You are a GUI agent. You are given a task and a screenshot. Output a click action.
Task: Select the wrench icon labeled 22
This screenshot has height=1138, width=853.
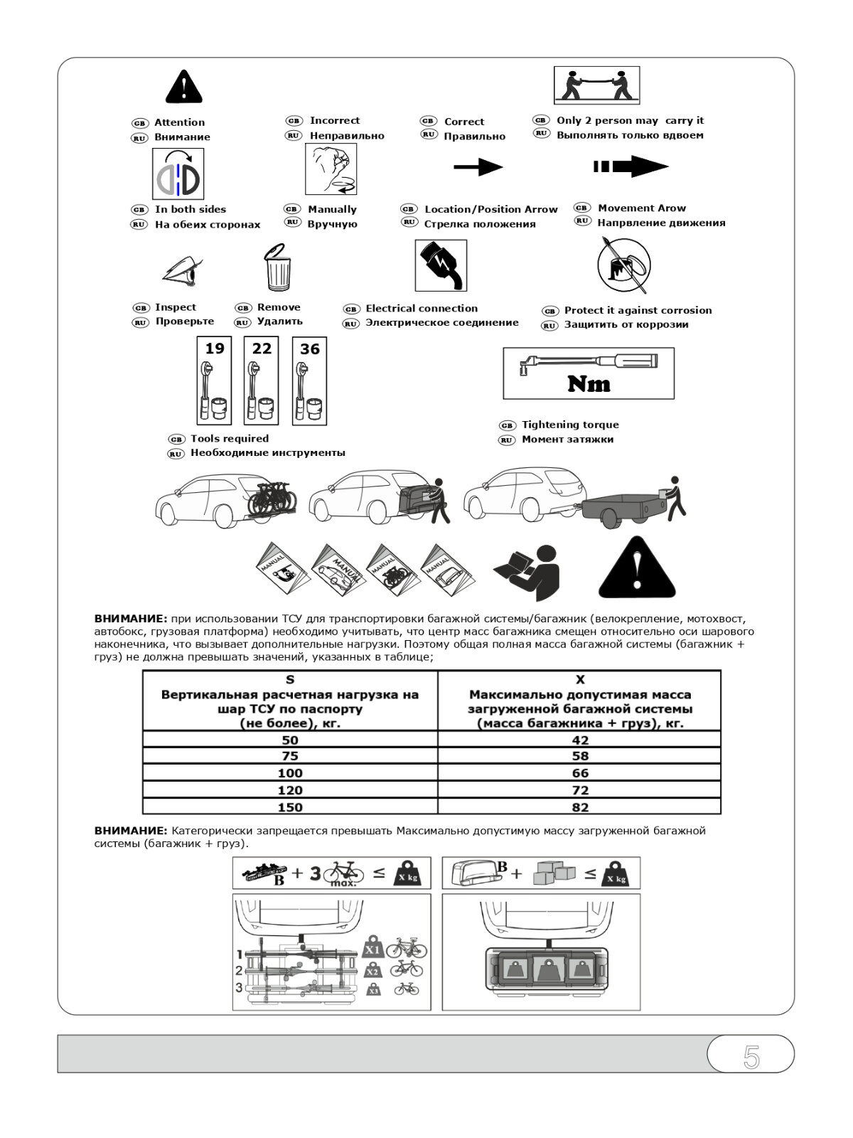(262, 381)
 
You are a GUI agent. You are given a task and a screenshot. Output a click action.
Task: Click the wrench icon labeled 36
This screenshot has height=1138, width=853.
(310, 381)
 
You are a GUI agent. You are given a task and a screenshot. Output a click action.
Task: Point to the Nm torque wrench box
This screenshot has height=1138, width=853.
(588, 373)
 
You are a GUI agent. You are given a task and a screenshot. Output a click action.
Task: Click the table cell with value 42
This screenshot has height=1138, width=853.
(579, 740)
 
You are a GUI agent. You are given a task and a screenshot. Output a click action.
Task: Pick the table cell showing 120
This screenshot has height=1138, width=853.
(290, 790)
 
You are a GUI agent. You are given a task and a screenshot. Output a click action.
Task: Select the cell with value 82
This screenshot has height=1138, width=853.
(579, 807)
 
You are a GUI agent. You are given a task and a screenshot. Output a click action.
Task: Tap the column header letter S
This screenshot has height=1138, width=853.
(290, 679)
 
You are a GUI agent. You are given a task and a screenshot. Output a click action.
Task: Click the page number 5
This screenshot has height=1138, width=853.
(751, 1058)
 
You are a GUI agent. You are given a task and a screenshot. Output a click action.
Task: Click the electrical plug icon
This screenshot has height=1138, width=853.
(441, 265)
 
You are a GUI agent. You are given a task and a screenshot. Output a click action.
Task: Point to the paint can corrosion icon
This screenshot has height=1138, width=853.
(623, 266)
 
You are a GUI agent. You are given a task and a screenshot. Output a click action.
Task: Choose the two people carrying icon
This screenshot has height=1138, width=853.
(596, 85)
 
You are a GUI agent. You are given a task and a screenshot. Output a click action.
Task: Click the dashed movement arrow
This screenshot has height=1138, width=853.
(631, 167)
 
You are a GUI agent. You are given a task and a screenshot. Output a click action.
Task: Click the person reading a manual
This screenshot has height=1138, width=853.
(528, 571)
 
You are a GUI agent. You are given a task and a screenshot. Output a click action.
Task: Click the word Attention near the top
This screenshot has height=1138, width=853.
(179, 122)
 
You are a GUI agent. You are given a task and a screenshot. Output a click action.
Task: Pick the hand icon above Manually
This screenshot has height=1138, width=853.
(331, 169)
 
